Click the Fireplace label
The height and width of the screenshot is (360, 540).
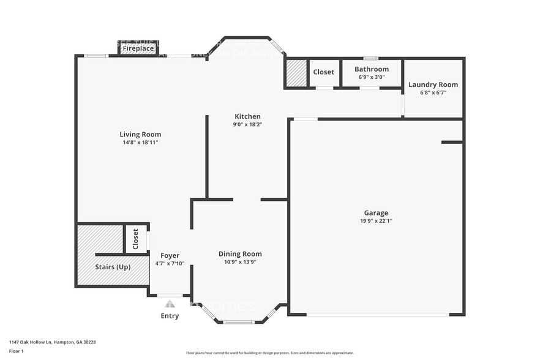(138, 48)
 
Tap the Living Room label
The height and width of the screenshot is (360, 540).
(140, 135)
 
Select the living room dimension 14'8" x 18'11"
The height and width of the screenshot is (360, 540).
(140, 143)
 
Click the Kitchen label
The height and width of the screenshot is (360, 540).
(247, 116)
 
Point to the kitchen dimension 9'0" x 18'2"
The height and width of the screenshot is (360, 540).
(247, 124)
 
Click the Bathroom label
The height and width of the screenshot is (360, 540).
(371, 69)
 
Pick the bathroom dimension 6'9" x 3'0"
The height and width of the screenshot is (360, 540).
(371, 77)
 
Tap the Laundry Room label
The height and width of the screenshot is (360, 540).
(433, 84)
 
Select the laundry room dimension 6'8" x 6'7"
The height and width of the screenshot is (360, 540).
(433, 92)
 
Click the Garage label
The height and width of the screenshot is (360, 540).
(376, 213)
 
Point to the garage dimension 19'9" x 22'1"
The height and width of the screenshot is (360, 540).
(376, 221)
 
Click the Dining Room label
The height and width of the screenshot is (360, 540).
(240, 253)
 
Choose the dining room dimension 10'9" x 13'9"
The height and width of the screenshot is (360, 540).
(240, 261)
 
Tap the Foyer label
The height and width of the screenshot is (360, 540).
(170, 255)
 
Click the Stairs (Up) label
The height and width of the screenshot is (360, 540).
(113, 268)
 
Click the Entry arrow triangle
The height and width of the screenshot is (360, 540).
(170, 304)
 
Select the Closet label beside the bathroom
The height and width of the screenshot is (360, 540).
(323, 72)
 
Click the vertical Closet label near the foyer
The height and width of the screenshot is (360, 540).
(136, 239)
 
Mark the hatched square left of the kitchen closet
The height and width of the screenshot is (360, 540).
(296, 73)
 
